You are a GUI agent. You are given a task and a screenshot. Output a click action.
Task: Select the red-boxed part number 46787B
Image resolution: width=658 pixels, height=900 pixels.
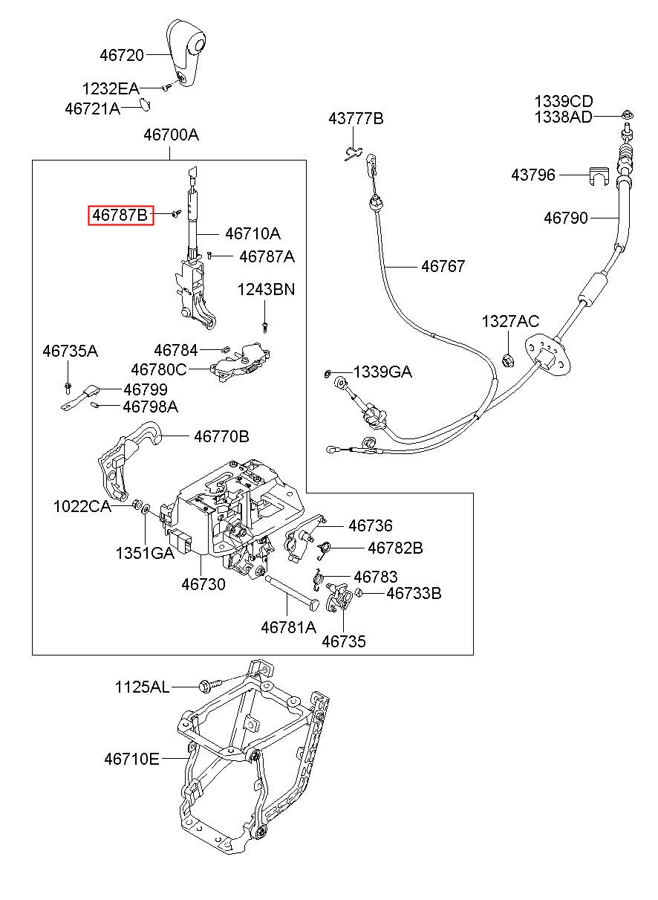coord(121,216)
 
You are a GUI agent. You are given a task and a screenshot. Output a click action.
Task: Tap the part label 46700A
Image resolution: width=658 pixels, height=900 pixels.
coord(171,135)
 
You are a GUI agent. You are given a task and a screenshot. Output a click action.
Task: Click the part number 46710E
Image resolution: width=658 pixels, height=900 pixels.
coord(131,759)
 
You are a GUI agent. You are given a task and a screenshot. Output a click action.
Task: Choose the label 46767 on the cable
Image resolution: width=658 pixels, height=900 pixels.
coord(443,265)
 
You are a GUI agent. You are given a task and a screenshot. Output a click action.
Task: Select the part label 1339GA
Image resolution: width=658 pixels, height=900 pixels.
coord(382,372)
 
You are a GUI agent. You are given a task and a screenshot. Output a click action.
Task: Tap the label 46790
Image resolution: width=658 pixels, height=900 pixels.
coord(565,218)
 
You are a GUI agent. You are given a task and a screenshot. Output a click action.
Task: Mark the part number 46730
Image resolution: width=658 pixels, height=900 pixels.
coord(203,584)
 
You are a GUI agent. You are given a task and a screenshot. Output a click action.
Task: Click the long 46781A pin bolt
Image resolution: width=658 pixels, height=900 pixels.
coord(290,592)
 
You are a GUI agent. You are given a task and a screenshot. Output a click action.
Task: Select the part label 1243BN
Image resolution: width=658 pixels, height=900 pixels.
coord(266,289)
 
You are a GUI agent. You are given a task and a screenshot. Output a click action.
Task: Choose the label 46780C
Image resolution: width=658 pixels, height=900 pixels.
coord(159,369)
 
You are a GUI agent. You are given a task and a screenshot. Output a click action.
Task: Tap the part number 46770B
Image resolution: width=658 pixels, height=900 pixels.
coord(221,436)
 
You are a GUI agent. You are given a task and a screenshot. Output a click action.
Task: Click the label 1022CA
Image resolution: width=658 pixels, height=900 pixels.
coord(82,507)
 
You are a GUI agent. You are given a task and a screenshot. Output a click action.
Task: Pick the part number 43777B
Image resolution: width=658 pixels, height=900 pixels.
coord(356,118)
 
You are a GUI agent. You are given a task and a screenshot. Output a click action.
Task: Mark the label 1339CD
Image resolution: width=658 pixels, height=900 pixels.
coord(564,101)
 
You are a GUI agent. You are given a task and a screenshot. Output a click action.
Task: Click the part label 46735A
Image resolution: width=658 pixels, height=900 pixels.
coord(70,351)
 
